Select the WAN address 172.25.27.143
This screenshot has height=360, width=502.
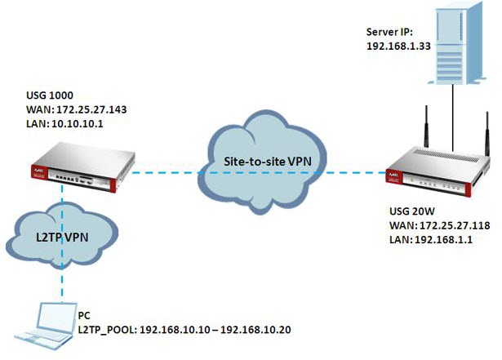(x=89, y=108)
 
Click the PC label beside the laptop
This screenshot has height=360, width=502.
(x=85, y=313)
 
